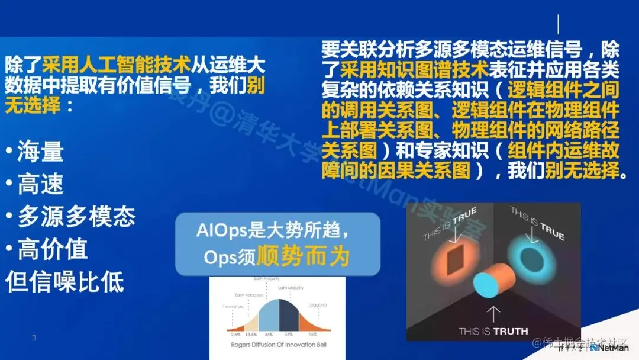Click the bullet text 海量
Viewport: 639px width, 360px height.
[40, 152]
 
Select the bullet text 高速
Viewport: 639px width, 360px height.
[40, 185]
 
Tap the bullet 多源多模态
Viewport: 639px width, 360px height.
[76, 217]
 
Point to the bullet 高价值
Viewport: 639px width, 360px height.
[53, 249]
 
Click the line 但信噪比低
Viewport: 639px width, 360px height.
[65, 281]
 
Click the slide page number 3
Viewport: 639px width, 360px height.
[34, 338]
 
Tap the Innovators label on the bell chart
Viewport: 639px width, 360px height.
[233, 307]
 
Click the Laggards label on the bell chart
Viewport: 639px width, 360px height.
[318, 305]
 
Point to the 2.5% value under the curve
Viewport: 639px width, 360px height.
[235, 335]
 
